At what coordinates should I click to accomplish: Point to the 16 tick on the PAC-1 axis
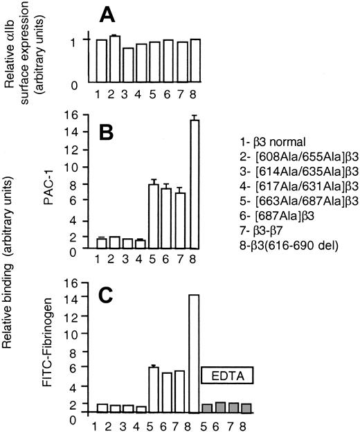click(x=84, y=114)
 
